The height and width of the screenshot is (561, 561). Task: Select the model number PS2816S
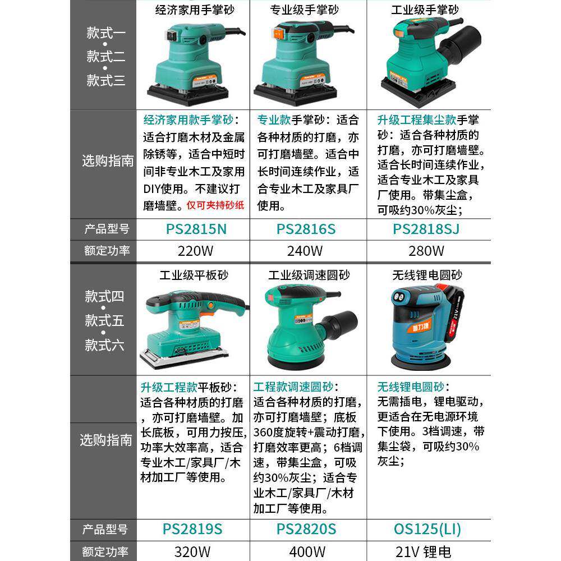point(306,229)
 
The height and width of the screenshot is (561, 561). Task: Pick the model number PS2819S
point(192,529)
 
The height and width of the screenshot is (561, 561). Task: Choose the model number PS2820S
point(306,529)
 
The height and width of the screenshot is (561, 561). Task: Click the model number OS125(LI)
point(427,529)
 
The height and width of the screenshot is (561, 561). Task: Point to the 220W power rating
point(194,251)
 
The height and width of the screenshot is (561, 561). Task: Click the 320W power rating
point(192,552)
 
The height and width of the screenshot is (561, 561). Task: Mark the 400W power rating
point(306,552)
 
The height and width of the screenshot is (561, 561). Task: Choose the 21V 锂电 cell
point(423,552)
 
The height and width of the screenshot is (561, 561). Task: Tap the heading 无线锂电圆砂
point(427,275)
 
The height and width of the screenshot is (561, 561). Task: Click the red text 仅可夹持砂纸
point(215,205)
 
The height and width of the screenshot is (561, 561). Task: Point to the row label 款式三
point(105,80)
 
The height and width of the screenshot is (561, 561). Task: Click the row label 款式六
point(104,345)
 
